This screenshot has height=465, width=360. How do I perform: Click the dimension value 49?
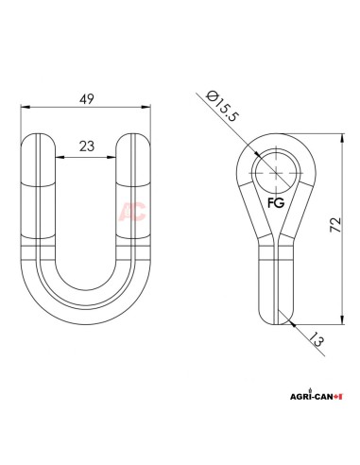(x=87, y=99)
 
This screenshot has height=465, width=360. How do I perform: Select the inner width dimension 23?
(x=87, y=146)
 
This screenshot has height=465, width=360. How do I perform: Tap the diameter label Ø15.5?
(x=222, y=106)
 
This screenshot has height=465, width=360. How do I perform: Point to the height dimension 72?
(x=335, y=225)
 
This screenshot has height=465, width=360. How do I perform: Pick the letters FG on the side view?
(x=276, y=202)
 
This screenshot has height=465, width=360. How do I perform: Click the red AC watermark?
(x=132, y=211)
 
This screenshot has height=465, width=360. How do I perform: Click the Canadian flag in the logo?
(x=338, y=397)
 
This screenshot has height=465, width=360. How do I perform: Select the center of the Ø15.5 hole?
(x=276, y=173)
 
